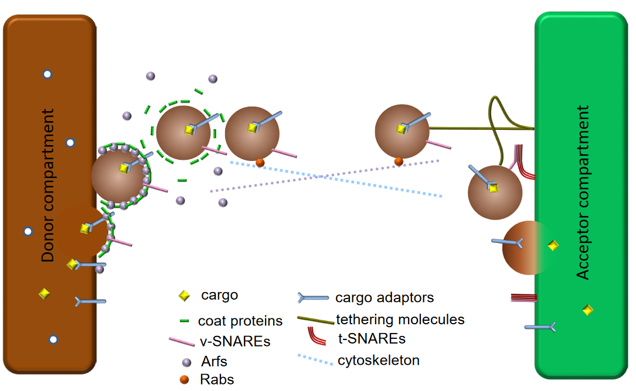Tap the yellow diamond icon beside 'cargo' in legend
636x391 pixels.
pos(184,296)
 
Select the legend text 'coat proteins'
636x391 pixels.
pos(240,321)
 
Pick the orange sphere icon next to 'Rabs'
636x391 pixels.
pos(185,380)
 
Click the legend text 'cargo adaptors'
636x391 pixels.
pos(385,297)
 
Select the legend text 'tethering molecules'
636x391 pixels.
pos(400,320)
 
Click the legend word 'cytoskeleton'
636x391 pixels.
pos(379,360)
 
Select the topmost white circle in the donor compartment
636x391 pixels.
pos(47,74)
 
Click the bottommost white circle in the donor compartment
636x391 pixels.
pos(53,339)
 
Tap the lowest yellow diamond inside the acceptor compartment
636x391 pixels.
pos(587,310)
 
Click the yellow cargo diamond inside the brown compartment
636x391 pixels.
pos(44,293)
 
